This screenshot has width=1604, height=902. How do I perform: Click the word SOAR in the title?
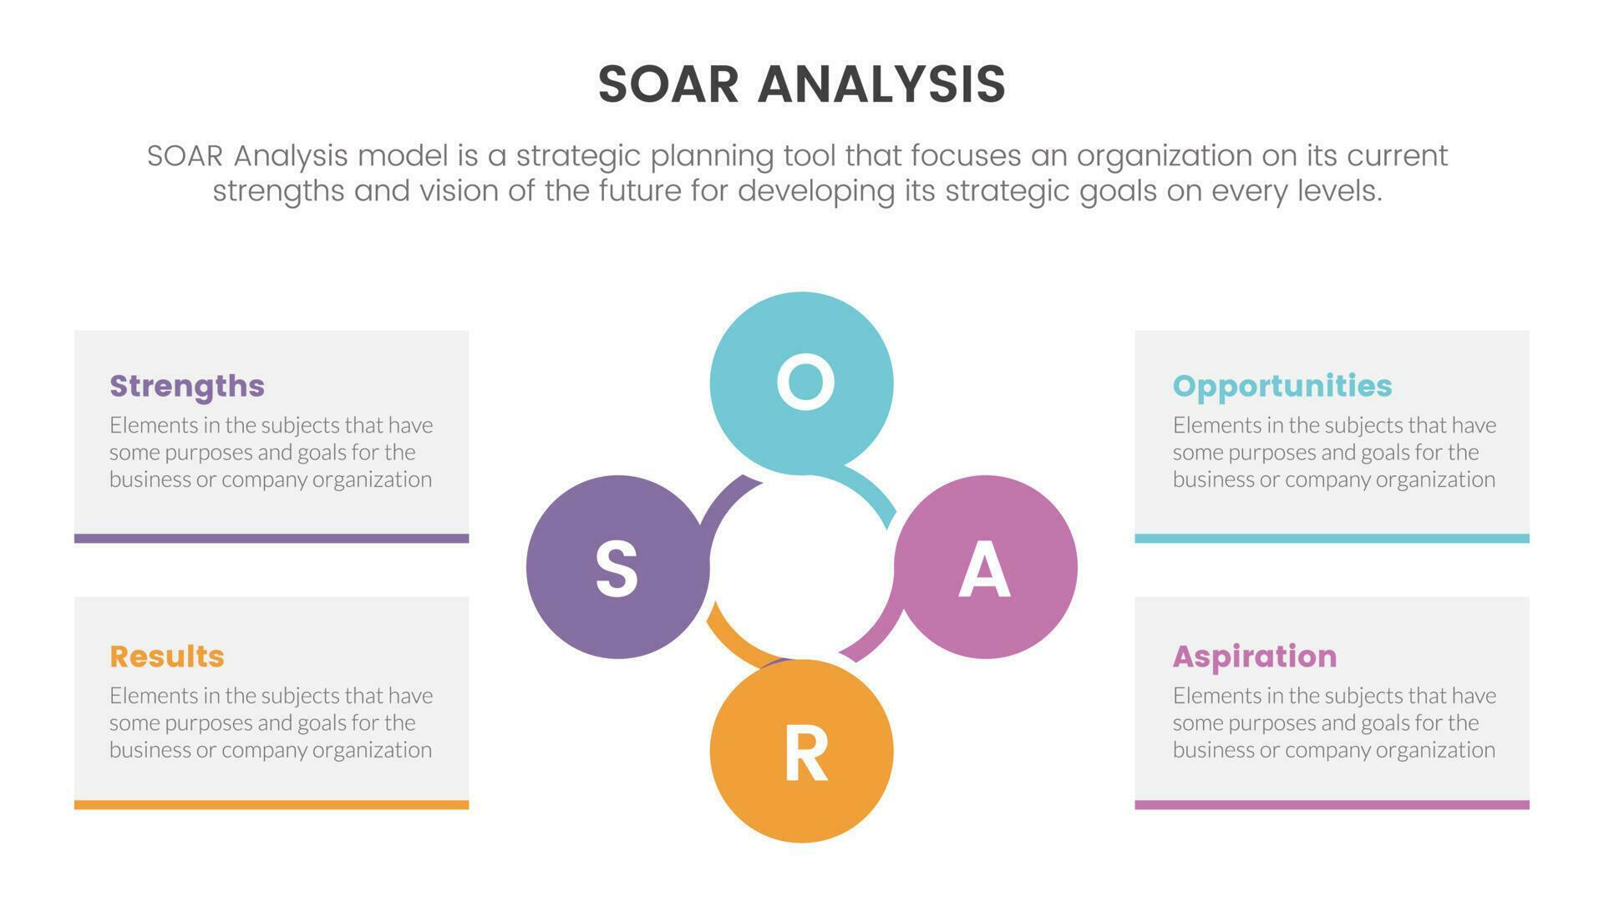668,84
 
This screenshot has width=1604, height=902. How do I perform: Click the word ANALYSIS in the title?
881,84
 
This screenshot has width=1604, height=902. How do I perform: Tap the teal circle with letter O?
802,383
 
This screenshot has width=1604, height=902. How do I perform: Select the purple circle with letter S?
617,567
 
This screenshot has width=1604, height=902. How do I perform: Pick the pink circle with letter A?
986,567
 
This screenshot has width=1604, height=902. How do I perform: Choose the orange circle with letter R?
802,751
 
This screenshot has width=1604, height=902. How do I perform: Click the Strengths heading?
187,386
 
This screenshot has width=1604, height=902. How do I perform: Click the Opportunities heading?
1282,386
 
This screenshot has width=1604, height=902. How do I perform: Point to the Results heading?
167,656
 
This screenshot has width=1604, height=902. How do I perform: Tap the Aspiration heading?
1255,656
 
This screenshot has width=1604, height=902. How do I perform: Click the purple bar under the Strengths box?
272,539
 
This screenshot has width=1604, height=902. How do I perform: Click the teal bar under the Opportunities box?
1332,539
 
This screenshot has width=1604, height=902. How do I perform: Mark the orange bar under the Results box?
272,805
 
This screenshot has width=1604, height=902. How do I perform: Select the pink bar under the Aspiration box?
1332,805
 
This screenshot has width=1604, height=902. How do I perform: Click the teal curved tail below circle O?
873,493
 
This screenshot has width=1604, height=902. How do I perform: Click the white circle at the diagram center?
802,567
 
